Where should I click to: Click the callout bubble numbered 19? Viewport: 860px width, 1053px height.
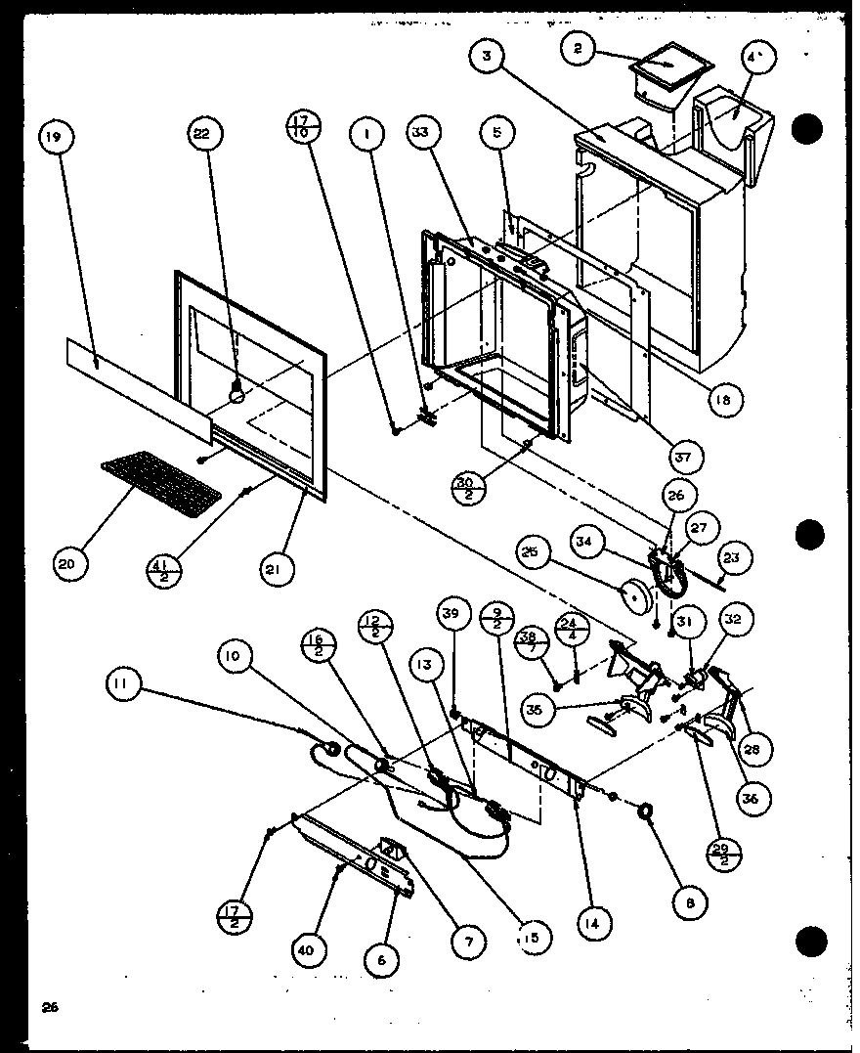click(x=54, y=139)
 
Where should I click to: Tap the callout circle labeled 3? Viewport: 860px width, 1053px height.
click(x=486, y=57)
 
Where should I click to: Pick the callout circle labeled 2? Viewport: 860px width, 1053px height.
click(x=579, y=50)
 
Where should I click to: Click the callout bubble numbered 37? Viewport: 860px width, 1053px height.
click(x=690, y=455)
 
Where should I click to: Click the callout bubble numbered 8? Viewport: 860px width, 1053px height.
click(x=694, y=905)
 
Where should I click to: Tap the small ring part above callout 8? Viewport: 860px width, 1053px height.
click(x=647, y=811)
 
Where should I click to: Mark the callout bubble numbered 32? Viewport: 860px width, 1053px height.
click(x=734, y=618)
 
